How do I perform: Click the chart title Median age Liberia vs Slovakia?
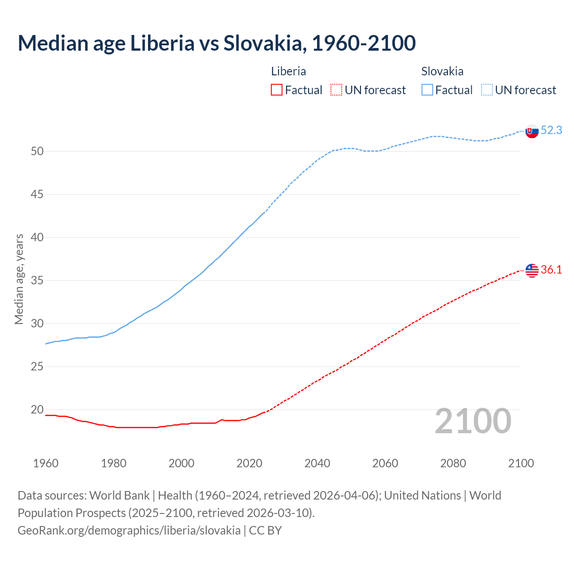pos(217,43)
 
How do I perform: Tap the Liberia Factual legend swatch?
pos(277,90)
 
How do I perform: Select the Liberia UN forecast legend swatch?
pos(336,90)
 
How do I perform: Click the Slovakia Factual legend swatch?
pos(427,90)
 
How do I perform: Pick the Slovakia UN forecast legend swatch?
pos(487,90)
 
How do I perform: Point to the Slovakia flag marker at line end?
pos(532,131)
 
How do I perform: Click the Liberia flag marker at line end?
pos(532,270)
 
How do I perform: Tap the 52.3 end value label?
pos(551,130)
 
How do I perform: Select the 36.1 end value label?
pos(551,270)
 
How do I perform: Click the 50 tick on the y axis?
pos(37,152)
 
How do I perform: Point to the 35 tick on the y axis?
pos(37,281)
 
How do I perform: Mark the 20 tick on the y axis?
pos(37,410)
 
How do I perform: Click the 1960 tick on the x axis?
pos(46,463)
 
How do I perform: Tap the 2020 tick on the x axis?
pos(249,463)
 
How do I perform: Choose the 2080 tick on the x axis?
pos(453,463)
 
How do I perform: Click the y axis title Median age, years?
pos(19,279)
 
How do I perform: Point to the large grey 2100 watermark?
pos(473,421)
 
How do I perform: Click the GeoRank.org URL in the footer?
pos(129,531)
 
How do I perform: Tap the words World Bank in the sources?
pos(119,496)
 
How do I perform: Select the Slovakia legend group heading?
pos(442,71)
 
